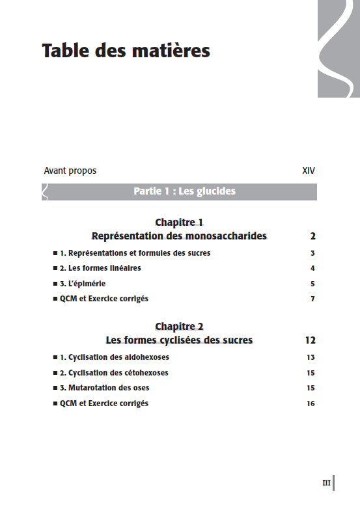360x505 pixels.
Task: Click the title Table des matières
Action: click(x=126, y=51)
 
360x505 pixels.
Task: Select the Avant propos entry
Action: click(x=70, y=171)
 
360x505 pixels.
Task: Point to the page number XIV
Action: click(x=309, y=171)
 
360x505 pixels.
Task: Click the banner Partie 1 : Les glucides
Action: click(x=184, y=191)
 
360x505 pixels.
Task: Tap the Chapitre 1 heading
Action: click(x=179, y=222)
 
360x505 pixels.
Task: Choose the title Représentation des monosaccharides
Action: click(x=179, y=236)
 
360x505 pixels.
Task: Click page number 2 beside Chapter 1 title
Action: click(x=312, y=236)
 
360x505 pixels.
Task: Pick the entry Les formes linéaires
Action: click(x=100, y=268)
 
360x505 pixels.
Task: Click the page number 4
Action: click(x=312, y=268)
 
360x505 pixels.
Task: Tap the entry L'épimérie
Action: click(x=83, y=284)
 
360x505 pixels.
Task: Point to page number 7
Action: click(x=312, y=299)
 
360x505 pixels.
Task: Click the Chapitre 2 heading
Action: click(x=179, y=326)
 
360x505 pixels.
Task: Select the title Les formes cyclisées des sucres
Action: click(x=179, y=340)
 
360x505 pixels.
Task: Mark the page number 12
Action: click(x=310, y=340)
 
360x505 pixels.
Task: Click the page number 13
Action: click(x=311, y=357)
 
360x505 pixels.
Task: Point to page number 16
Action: click(x=311, y=403)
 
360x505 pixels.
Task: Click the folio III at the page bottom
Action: click(x=326, y=483)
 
